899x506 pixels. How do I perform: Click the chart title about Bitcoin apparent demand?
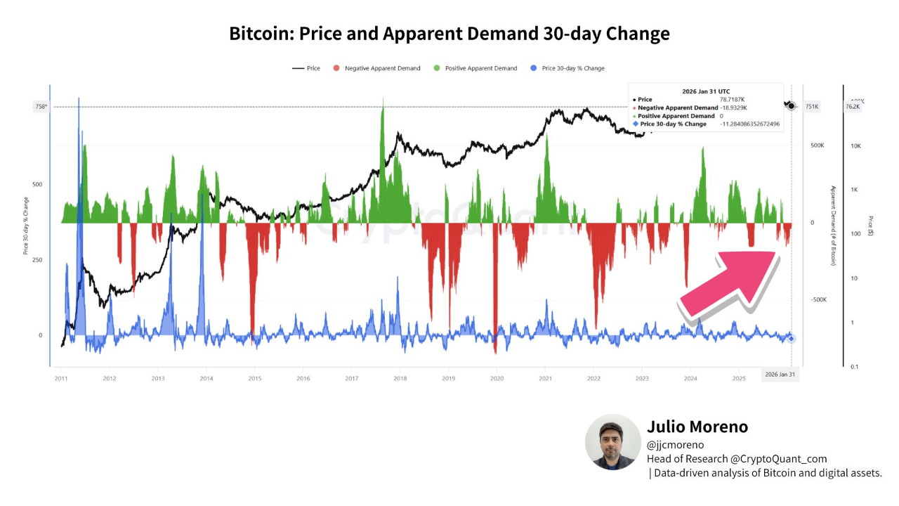click(449, 33)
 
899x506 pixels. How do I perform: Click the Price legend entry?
click(307, 68)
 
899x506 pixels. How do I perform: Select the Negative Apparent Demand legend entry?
click(377, 68)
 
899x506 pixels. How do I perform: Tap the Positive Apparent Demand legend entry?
click(475, 68)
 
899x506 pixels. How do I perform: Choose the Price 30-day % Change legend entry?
click(567, 68)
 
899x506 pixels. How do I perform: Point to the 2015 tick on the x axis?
click(255, 378)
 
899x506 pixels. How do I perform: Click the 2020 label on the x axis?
click(497, 378)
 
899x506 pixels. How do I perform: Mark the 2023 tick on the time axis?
click(642, 378)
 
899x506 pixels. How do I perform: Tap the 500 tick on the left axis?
click(37, 185)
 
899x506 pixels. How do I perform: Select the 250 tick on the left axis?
click(37, 260)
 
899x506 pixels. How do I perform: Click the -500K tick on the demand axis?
click(818, 299)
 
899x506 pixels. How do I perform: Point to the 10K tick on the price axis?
click(856, 146)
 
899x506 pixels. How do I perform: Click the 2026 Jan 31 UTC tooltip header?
click(706, 91)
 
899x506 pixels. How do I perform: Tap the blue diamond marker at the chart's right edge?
click(791, 339)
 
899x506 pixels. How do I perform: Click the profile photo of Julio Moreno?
click(613, 441)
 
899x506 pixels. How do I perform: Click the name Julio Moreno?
click(697, 427)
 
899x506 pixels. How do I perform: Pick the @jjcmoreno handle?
click(675, 445)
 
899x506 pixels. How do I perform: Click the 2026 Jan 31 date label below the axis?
click(780, 375)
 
